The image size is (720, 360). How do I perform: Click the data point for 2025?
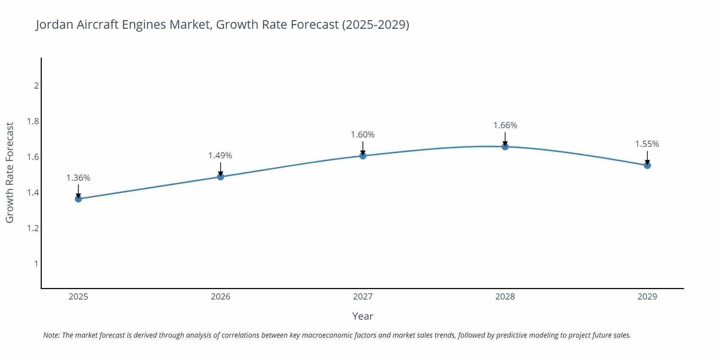coord(78,199)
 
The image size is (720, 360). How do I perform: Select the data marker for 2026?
coord(221,177)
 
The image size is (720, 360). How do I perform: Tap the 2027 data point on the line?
coord(363,156)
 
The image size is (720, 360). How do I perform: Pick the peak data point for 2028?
coord(505,147)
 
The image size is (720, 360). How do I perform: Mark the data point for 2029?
coord(647,166)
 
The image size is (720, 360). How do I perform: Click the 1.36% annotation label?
coord(78,178)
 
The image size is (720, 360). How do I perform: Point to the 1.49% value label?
coord(220,156)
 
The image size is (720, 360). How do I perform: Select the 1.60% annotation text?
coord(363,135)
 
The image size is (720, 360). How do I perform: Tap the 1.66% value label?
coord(505,125)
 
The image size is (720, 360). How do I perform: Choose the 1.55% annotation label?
coord(647,144)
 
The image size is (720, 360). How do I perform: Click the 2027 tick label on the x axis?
coord(363,297)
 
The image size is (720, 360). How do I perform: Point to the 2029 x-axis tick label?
coord(647,297)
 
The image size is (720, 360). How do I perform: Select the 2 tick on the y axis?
coord(36,86)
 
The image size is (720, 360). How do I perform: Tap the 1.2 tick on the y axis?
coord(33,228)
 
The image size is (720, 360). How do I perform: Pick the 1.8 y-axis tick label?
coord(33,121)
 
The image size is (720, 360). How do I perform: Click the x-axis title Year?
coord(363,316)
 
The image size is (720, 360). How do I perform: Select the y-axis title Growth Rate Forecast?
coord(10,172)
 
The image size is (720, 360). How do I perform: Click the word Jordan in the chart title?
coord(54,24)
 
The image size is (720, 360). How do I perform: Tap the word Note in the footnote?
coord(51,335)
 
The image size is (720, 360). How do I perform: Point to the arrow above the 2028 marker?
coord(505,139)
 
